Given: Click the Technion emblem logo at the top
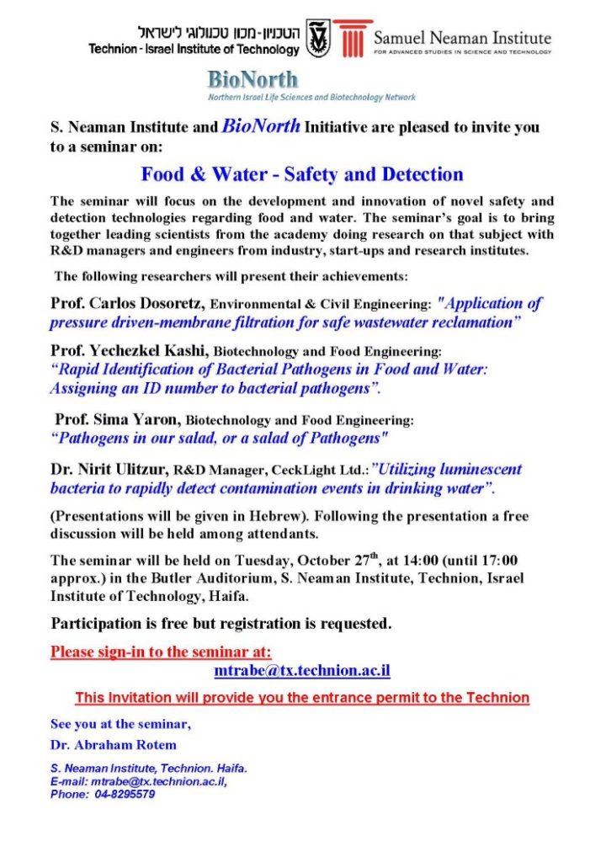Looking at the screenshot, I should pos(318,39).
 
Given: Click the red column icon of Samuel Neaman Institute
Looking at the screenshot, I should pos(351,38).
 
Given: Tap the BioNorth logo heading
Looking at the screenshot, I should pos(252,81).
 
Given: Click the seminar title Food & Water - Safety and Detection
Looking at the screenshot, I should pos(302,175).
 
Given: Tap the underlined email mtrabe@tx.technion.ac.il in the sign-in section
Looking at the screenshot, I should pos(302,672).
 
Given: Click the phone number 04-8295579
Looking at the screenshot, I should pos(125,794).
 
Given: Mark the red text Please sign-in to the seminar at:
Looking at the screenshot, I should pos(161,652).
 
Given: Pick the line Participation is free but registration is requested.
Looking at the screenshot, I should pos(221,624).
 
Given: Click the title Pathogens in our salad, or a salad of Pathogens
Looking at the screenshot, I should pos(220,438).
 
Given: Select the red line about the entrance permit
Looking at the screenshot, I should pos(302,698).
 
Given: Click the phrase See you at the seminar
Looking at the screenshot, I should pos(120,724).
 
